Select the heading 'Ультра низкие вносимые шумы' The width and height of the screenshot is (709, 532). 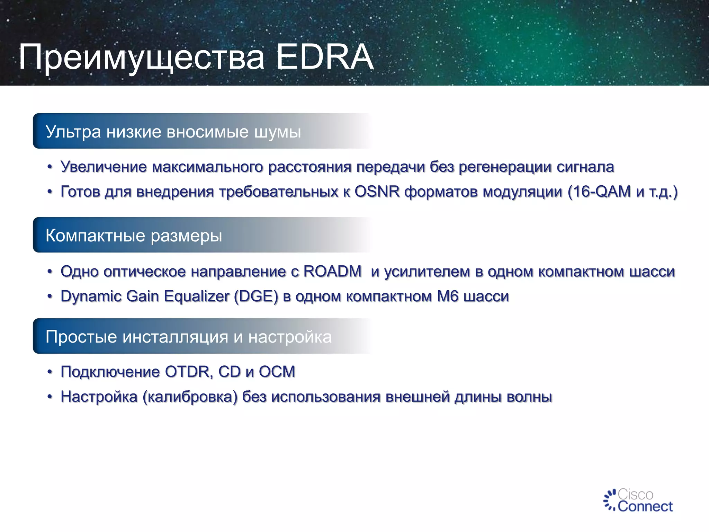[173, 132]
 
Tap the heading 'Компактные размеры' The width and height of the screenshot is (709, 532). [134, 236]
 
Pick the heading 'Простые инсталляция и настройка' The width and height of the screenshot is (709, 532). [189, 337]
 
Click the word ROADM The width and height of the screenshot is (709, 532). [332, 271]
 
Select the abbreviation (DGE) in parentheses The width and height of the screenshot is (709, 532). [256, 296]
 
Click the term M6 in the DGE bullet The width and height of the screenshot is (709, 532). [448, 296]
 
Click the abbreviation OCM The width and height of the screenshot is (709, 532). [277, 372]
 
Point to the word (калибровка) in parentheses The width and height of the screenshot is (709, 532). [190, 397]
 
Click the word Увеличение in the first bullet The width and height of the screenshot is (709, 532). [104, 167]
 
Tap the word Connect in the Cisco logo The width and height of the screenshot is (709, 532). [645, 506]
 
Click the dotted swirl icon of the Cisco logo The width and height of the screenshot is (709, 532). [610, 500]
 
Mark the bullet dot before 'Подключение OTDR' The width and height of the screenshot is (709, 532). [50, 372]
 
